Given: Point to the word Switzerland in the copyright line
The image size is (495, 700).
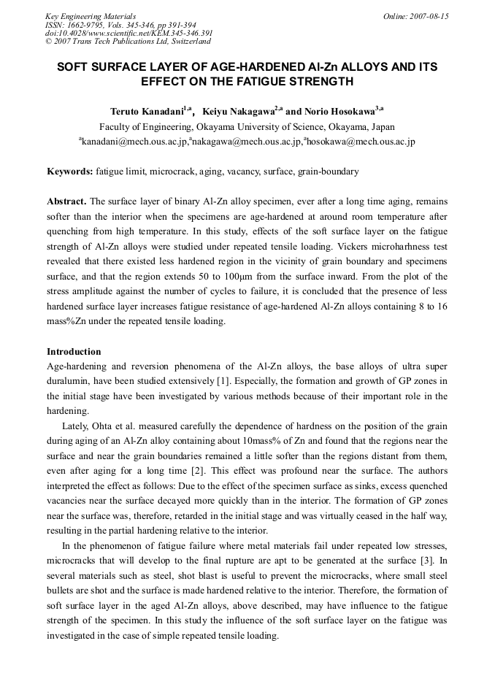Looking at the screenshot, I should point(187,42).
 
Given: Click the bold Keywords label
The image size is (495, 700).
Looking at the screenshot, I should point(69,172).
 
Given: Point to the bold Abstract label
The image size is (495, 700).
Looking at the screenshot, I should point(66,201).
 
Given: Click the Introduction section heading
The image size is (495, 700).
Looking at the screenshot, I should point(74,352).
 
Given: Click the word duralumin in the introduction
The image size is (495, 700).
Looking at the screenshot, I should point(69,380).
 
